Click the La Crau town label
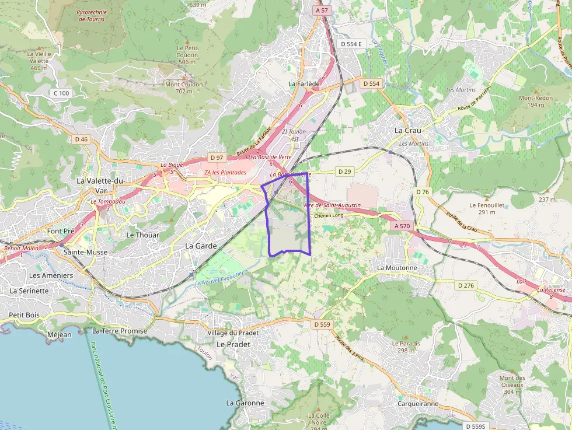point(407,130)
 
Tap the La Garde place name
point(201,246)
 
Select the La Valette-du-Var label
point(101,186)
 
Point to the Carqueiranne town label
point(417,403)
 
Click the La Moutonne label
point(397,268)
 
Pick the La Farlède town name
point(304,84)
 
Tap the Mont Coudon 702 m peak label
point(184,88)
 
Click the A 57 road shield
point(321,11)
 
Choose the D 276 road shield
point(466,285)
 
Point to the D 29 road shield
point(346,172)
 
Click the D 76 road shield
point(423,192)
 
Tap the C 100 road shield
point(61,93)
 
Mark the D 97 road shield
point(217,158)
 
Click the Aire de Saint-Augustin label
point(332,205)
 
